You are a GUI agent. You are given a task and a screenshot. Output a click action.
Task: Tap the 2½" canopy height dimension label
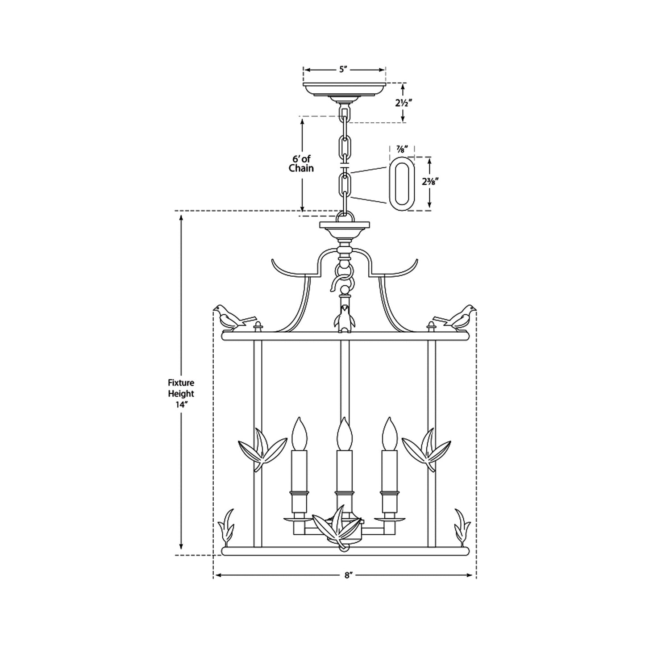(x=403, y=103)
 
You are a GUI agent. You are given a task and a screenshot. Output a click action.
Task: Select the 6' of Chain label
(x=301, y=163)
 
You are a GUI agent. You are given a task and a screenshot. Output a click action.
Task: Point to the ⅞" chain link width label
(x=402, y=150)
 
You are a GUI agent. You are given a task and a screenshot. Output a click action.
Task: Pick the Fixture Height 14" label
(x=181, y=394)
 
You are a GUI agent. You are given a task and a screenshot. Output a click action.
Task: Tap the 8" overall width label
(x=348, y=575)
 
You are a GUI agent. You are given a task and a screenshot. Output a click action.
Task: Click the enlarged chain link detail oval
(x=401, y=183)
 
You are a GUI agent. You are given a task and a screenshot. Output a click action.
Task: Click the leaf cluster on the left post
(x=262, y=449)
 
